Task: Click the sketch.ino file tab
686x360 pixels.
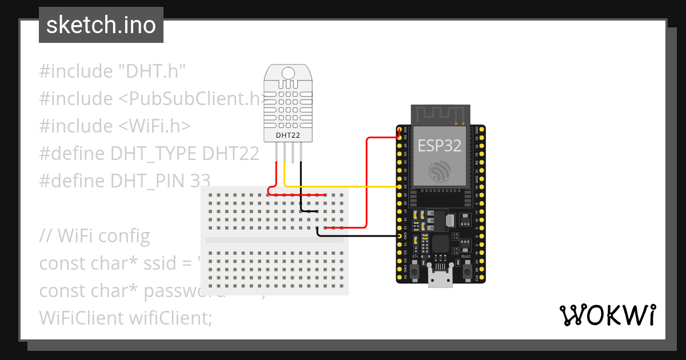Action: pyautogui.click(x=101, y=25)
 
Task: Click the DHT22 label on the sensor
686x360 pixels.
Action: pyautogui.click(x=288, y=135)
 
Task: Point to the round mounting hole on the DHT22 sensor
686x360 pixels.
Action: pyautogui.click(x=288, y=73)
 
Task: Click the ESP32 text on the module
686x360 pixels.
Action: pyautogui.click(x=439, y=146)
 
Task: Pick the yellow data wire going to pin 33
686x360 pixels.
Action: pyautogui.click(x=343, y=187)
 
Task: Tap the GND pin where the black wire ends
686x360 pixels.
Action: pyautogui.click(x=399, y=235)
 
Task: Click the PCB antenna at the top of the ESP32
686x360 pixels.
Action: pyautogui.click(x=441, y=114)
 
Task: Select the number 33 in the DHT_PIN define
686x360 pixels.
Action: pyautogui.click(x=200, y=181)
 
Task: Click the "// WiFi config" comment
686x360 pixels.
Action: pyautogui.click(x=95, y=235)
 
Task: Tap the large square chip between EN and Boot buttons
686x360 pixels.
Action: pyautogui.click(x=440, y=244)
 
